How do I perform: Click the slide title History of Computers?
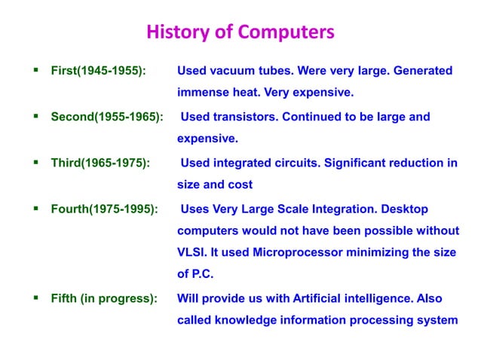[240, 33]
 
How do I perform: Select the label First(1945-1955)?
[98, 72]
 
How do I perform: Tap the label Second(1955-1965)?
[106, 117]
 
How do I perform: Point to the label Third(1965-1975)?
[100, 163]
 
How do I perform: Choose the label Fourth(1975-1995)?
[104, 208]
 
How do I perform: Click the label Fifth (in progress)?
[104, 297]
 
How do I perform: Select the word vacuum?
[232, 72]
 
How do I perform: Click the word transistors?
[247, 117]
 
